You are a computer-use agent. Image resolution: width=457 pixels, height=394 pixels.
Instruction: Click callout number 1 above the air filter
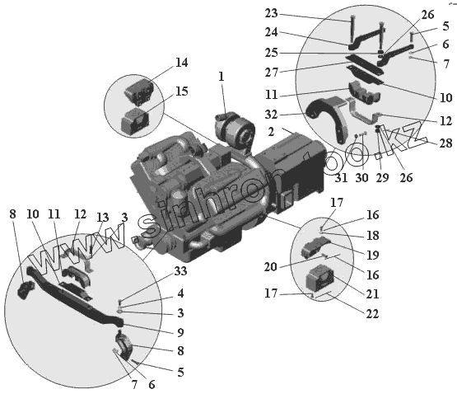[x=222, y=77]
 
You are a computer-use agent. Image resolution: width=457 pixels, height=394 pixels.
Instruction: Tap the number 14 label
[x=181, y=63]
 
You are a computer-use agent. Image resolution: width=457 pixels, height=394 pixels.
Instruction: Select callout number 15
[x=181, y=91]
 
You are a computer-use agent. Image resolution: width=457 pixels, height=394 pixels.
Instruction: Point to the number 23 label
[x=272, y=13]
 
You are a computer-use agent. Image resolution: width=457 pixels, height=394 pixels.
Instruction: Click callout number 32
[x=271, y=115]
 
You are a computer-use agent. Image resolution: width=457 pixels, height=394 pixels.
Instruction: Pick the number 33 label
[x=180, y=271]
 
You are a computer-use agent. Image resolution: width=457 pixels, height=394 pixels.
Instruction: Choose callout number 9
[x=180, y=332]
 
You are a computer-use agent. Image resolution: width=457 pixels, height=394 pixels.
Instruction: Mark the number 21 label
[x=372, y=293]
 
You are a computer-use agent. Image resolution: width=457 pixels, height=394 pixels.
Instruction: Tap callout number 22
[x=372, y=314]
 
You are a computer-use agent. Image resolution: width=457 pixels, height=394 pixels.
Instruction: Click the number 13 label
[x=103, y=218]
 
